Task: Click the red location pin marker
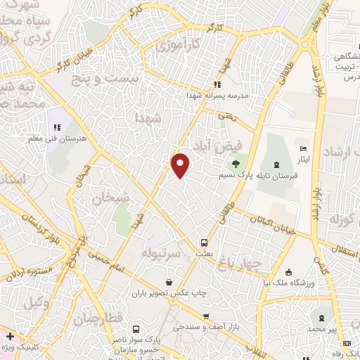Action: pyautogui.click(x=181, y=165)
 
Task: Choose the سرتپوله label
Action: pyautogui.click(x=162, y=251)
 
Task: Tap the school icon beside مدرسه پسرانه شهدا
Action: pyautogui.click(x=217, y=86)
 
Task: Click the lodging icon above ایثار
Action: pyautogui.click(x=303, y=149)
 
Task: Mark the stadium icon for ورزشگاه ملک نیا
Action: pyautogui.click(x=288, y=272)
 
